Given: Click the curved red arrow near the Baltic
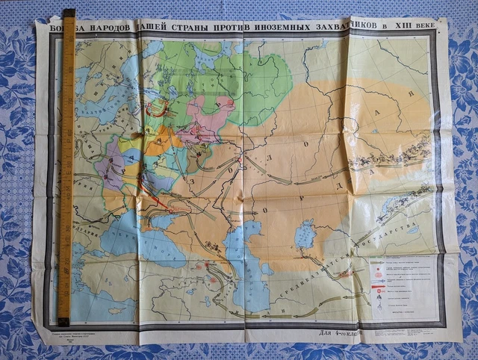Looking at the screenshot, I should click(x=158, y=108).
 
